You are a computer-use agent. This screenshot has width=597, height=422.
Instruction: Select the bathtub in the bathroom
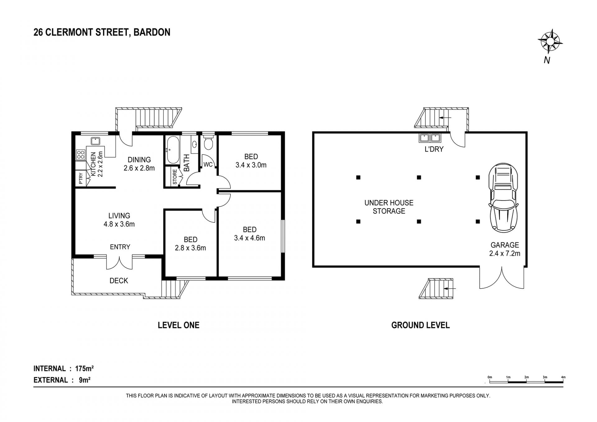coord(172,150)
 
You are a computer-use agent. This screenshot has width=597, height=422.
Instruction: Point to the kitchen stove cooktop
coord(81,155)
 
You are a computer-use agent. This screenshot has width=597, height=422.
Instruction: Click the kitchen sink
coord(95,141)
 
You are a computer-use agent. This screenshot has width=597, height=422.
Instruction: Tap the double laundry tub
coord(429,137)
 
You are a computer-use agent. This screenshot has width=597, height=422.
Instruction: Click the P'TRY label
coord(81,178)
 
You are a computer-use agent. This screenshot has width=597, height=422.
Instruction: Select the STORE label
coord(175,177)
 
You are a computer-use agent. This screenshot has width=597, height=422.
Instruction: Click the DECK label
coord(119,281)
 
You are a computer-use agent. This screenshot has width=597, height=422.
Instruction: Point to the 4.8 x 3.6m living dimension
coord(119,224)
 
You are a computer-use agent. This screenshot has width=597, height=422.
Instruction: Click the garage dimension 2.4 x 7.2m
coord(505,253)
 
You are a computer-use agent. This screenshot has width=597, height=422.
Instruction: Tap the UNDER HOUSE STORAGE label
coord(389,207)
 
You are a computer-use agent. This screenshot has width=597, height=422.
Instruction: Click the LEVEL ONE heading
coord(178,325)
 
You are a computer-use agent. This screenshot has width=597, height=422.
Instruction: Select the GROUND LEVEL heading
coord(420,325)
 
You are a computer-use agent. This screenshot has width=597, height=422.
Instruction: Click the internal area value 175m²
coord(85,369)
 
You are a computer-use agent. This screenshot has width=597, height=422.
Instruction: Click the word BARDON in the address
coord(152,32)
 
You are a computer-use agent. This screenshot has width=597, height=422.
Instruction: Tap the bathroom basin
coord(195,144)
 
